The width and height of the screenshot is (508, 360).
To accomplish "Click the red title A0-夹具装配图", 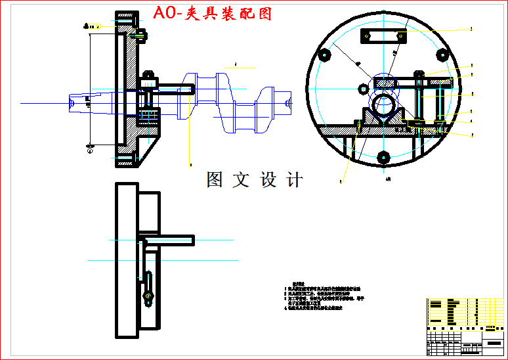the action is point(211,13).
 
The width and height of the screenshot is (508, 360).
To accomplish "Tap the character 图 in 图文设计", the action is point(215,179).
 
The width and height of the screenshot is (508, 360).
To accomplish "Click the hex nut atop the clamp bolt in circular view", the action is point(418,74).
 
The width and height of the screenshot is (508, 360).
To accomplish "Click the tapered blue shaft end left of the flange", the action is point(89,103).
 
